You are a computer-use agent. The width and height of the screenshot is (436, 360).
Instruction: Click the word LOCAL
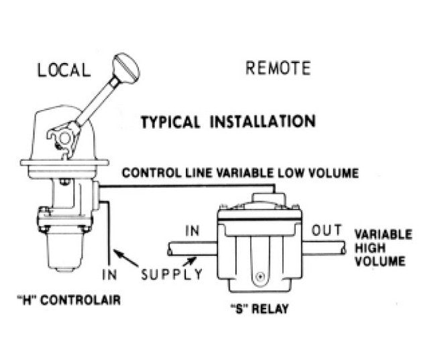(64, 70)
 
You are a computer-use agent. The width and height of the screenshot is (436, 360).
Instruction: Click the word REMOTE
(278, 68)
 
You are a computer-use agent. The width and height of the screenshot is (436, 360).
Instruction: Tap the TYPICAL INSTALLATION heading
(227, 122)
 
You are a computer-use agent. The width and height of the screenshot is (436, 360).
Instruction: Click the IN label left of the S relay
(193, 232)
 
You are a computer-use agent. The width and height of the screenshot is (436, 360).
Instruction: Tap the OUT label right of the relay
(327, 231)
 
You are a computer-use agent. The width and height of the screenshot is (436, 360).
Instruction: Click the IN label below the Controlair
(109, 274)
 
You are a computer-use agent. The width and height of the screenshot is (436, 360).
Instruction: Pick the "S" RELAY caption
(259, 310)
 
